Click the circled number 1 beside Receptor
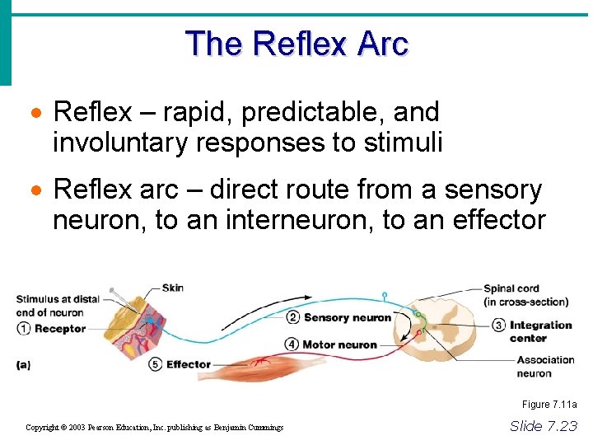coord(24,329)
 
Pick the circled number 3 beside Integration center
coord(498,325)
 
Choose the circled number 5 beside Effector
coord(156,364)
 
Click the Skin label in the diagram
coord(173,288)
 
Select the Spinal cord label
coord(511,289)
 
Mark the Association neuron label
coord(545,366)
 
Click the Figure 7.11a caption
coord(549,405)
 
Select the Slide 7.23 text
coord(544,426)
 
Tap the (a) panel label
coord(23,364)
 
